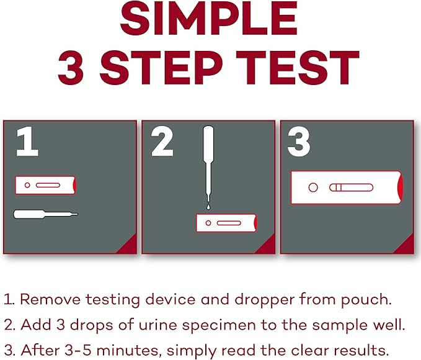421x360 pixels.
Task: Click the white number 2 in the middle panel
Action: coord(162,143)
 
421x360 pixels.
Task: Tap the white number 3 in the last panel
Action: coord(299,143)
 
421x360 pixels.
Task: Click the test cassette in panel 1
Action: coord(46,185)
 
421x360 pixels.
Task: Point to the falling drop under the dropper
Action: coord(209,207)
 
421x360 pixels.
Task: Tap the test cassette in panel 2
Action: coord(226,222)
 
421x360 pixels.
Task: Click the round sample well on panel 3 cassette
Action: coord(313,187)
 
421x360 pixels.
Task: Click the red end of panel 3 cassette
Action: coord(399,187)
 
